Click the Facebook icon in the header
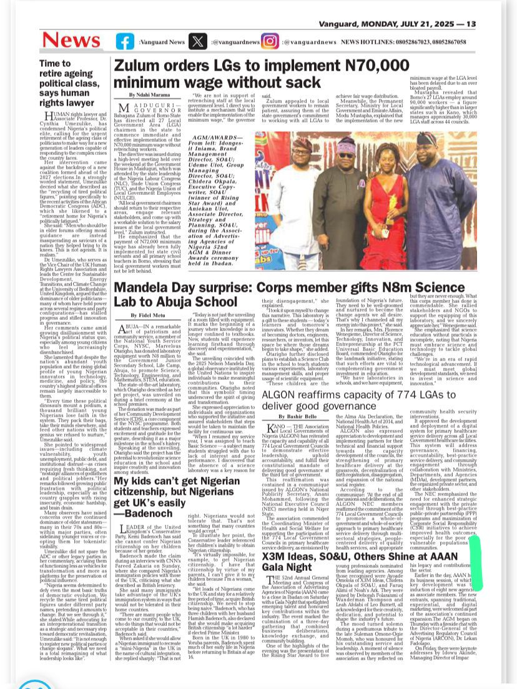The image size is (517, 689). [125, 41]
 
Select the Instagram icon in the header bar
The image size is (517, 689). [270, 41]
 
